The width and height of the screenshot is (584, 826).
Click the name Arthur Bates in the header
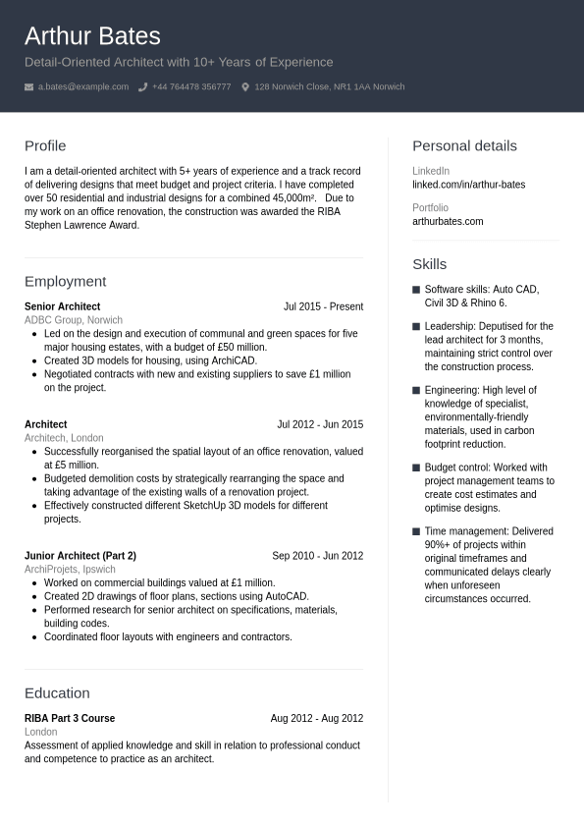click(92, 36)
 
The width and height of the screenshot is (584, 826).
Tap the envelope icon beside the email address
click(28, 87)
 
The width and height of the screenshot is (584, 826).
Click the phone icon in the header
click(142, 87)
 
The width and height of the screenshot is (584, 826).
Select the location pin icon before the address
click(245, 87)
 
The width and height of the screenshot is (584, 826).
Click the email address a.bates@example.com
click(83, 87)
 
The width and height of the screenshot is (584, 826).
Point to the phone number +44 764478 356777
click(191, 87)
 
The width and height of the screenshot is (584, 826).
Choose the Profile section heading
click(45, 146)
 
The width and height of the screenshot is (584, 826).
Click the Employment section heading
click(65, 282)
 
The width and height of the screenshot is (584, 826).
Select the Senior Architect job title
click(62, 306)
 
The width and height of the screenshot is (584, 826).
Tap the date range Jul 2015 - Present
click(323, 306)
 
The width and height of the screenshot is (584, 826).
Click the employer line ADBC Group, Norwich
click(74, 320)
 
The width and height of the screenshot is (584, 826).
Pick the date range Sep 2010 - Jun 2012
click(317, 556)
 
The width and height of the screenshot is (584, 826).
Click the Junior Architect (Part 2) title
click(80, 556)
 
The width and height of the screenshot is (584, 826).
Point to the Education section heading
click(57, 693)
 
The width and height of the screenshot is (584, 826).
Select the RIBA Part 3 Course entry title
click(70, 718)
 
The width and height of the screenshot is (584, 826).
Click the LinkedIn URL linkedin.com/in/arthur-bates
click(468, 185)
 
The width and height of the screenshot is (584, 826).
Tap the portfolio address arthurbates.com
click(448, 221)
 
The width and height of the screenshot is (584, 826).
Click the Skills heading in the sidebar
click(429, 264)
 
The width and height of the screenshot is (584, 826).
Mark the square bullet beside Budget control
click(416, 468)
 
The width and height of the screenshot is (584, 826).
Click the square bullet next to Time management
click(416, 531)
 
